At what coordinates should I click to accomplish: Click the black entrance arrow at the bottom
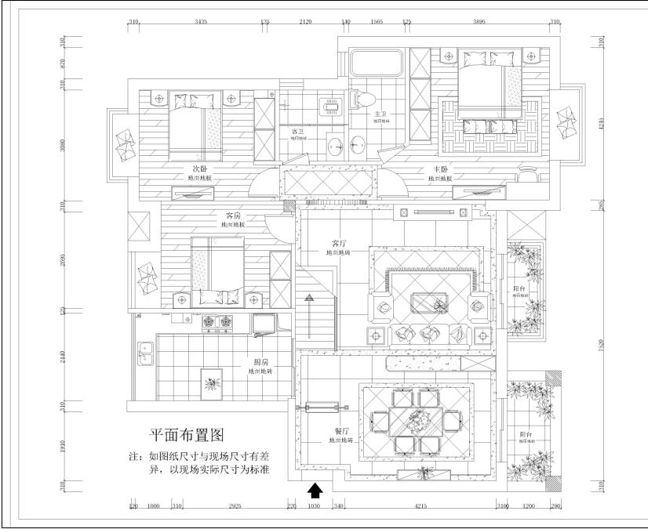point(315,491)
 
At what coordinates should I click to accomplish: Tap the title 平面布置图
point(187,435)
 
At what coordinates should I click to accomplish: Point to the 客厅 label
point(339,243)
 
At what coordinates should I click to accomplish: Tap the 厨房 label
point(261,362)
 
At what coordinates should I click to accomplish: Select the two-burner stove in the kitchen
point(218,321)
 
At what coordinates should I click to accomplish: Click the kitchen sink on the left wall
point(144,353)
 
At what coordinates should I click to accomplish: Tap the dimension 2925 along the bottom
point(235,507)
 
